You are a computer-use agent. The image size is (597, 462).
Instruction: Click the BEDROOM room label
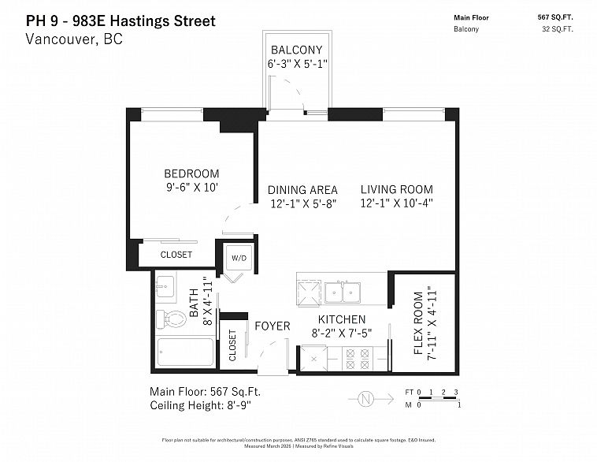tap(191, 173)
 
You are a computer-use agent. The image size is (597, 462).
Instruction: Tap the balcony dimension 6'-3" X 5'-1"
tap(296, 64)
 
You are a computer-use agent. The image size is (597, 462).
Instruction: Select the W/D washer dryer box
tap(239, 258)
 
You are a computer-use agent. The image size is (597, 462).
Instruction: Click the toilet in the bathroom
tap(172, 319)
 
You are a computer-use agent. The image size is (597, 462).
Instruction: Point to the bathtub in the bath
tap(184, 352)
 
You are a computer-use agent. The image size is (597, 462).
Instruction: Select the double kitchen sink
tap(343, 292)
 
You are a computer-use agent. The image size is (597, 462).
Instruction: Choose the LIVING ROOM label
tap(397, 189)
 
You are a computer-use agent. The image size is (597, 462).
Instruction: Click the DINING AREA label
tap(302, 189)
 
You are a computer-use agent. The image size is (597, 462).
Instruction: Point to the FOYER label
tap(273, 326)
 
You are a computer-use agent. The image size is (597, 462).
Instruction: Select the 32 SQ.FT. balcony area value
tap(557, 29)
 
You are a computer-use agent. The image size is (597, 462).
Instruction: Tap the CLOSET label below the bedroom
tap(176, 255)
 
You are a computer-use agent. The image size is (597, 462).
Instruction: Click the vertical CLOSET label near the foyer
tap(233, 345)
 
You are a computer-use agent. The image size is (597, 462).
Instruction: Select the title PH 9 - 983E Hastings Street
tap(121, 20)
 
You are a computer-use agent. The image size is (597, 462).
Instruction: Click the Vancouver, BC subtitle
tap(74, 39)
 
